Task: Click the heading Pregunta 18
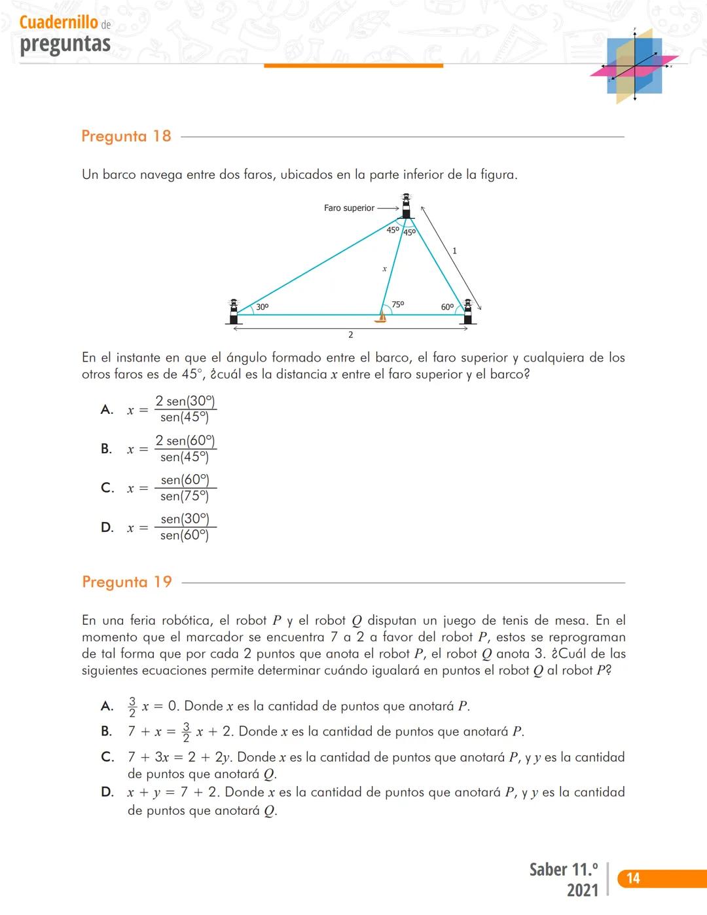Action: point(126,136)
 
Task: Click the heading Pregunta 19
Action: point(126,582)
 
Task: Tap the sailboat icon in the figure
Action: point(381,317)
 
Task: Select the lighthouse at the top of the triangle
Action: point(406,206)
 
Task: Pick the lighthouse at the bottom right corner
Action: point(467,311)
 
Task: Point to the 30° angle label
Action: point(262,307)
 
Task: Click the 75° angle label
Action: point(397,305)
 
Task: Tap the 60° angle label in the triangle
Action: point(447,307)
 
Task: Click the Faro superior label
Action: point(349,208)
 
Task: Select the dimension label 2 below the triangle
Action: point(350,335)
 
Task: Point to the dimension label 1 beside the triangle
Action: point(454,251)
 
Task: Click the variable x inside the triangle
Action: point(384,269)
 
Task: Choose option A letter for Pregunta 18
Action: point(107,410)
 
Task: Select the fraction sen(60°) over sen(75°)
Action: point(185,488)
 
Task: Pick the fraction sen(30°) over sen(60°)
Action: point(185,527)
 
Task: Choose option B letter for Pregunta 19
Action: point(106,732)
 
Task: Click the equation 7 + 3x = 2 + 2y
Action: point(179,758)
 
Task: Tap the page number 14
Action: point(633,878)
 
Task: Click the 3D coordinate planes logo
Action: point(633,66)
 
